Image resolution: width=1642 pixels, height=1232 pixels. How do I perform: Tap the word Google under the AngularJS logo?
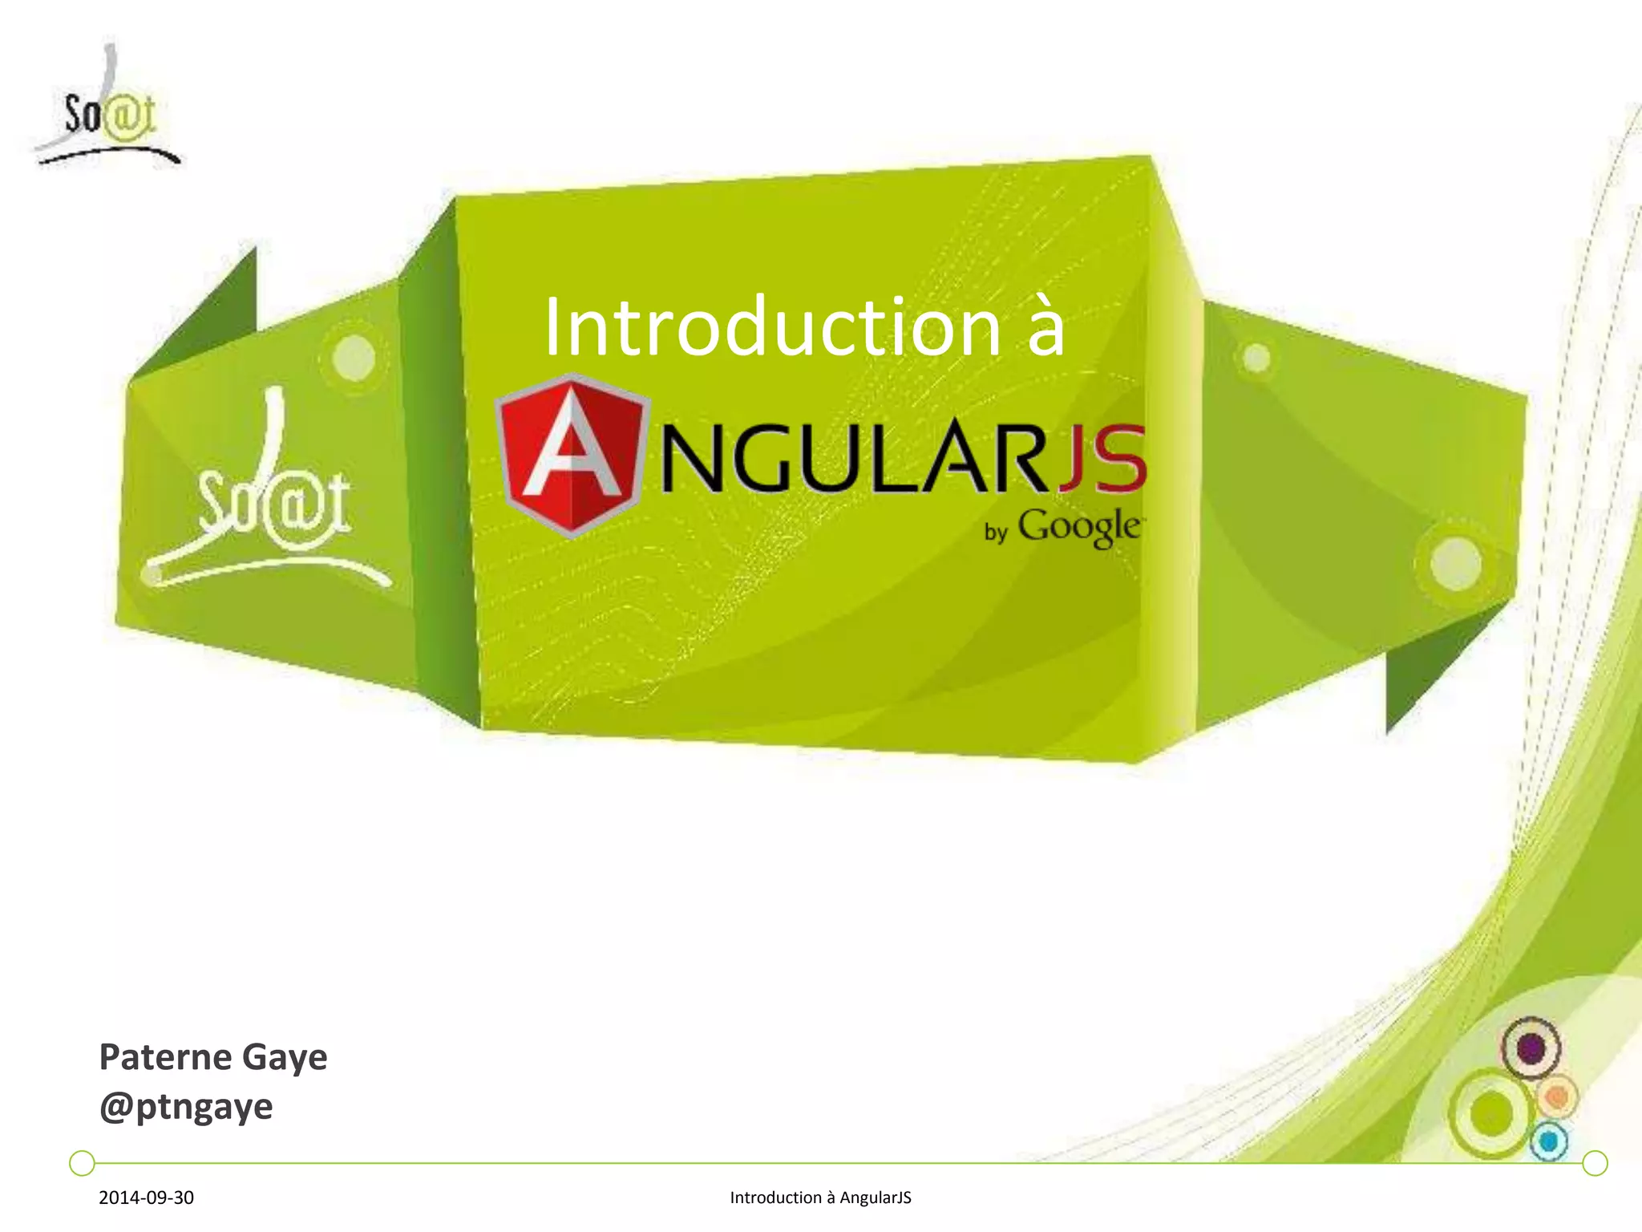coord(1078,527)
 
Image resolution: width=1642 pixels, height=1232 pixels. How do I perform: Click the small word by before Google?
coord(995,532)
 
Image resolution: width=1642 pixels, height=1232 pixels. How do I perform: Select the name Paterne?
coord(165,1056)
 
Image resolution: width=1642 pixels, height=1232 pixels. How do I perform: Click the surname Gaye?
coord(285,1058)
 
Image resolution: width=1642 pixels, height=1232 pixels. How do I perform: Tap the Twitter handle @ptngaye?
coord(186,1108)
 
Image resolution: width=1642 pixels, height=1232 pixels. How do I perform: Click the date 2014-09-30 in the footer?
coord(146,1198)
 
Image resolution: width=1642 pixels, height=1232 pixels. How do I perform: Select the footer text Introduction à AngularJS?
coord(820,1198)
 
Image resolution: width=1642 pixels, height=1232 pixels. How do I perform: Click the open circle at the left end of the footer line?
coord(82,1162)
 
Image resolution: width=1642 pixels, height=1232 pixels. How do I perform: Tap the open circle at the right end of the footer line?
coord(1595,1162)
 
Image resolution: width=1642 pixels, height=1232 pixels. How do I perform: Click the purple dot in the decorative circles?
coord(1531,1048)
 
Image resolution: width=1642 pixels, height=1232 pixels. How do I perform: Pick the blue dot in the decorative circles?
coord(1549,1141)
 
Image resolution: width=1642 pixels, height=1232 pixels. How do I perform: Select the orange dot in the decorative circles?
coord(1557,1096)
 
